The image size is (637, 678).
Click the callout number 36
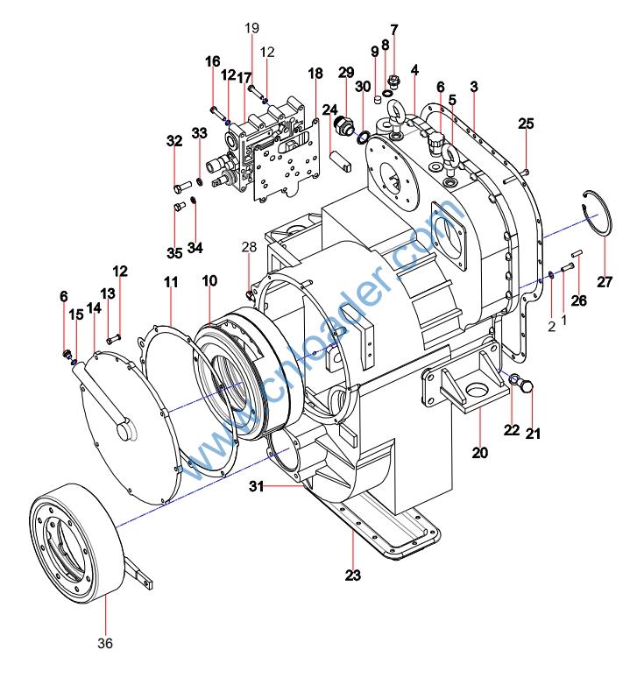[x=105, y=644]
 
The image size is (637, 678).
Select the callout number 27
[x=605, y=282]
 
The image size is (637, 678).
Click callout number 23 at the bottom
[x=353, y=576]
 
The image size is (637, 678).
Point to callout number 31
[x=256, y=486]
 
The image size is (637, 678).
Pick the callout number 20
[x=479, y=453]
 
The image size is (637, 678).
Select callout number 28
[x=249, y=247]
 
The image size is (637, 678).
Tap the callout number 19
[x=251, y=28]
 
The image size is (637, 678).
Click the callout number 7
[x=393, y=30]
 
